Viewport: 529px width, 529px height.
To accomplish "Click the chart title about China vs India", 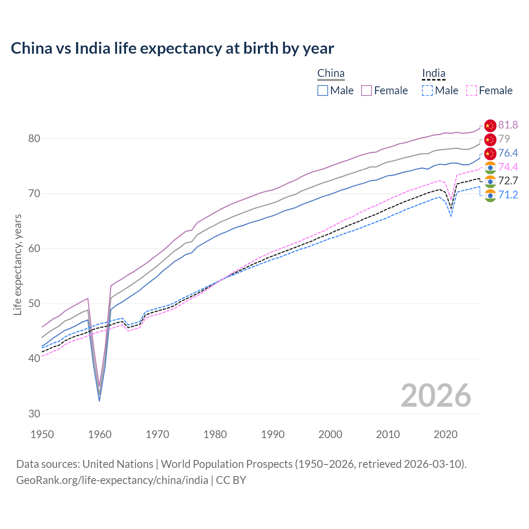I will [x=172, y=48].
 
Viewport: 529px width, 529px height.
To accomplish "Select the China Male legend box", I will [x=323, y=91].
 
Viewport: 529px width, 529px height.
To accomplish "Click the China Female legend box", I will [x=367, y=91].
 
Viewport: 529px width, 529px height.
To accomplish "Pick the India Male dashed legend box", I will [x=427, y=91].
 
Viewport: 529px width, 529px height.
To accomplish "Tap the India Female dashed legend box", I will [x=471, y=91].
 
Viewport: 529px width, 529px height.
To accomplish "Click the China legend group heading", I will [x=331, y=74].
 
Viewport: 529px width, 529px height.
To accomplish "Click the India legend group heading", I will [x=434, y=74].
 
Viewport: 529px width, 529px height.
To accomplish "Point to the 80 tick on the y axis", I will [x=34, y=138].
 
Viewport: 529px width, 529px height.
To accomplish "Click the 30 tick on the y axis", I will [x=34, y=414].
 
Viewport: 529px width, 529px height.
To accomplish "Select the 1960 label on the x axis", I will [x=100, y=434].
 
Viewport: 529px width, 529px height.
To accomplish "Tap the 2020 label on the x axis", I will [x=446, y=434].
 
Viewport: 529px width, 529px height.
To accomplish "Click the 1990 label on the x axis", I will [x=273, y=434].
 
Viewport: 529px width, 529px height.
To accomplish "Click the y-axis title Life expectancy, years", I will [x=17, y=264].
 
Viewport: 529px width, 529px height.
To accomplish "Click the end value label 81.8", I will [x=508, y=125].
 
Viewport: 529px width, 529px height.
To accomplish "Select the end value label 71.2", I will [x=508, y=195].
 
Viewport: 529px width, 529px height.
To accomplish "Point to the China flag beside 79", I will [x=490, y=139].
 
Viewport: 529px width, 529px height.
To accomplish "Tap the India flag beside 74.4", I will [x=490, y=167].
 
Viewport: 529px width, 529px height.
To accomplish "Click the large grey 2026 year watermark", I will [x=436, y=396].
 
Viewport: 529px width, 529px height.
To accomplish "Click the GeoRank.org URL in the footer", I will [x=112, y=480].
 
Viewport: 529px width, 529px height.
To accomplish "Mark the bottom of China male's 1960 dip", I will [x=100, y=401].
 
